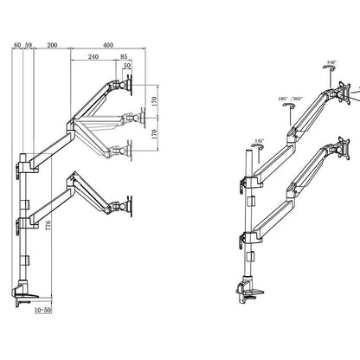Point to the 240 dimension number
pyautogui.click(x=93, y=57)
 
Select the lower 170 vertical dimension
pyautogui.click(x=154, y=134)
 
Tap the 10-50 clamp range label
pyautogui.click(x=41, y=305)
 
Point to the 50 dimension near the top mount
pyautogui.click(x=128, y=66)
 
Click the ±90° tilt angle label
pyautogui.click(x=331, y=63)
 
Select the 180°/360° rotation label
pyautogui.click(x=290, y=98)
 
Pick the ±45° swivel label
pyautogui.click(x=259, y=139)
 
